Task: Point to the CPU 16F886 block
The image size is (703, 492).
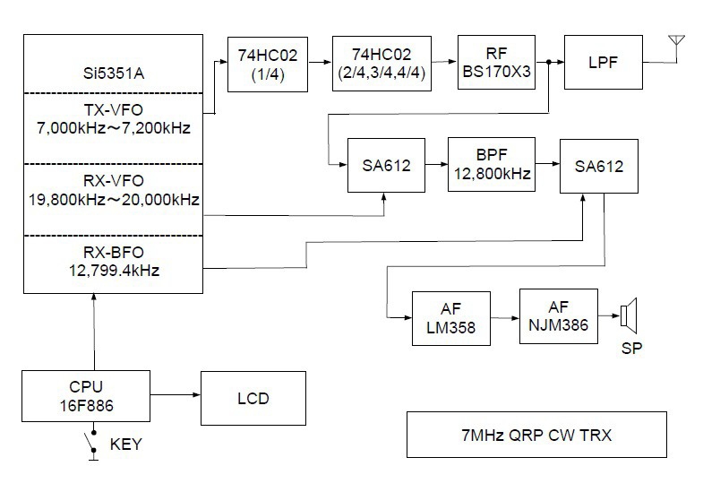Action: point(86,397)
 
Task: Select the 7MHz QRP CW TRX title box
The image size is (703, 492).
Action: point(536,435)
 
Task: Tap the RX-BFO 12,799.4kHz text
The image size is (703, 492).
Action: point(112,261)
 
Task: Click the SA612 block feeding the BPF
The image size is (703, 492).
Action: point(387,166)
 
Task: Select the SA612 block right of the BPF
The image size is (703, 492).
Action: point(599,166)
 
